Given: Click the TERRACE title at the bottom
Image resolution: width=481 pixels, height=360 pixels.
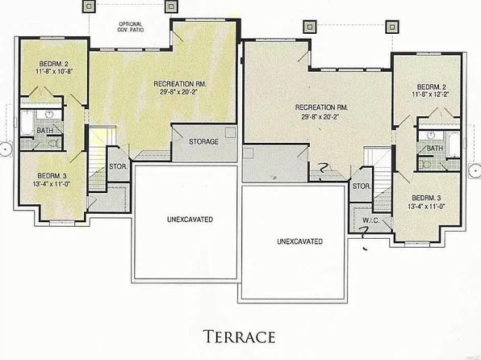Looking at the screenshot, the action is pyautogui.click(x=239, y=337).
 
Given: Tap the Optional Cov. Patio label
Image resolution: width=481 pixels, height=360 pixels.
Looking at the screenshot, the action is pyautogui.click(x=131, y=27).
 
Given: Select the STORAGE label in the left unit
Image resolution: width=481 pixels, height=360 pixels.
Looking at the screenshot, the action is pyautogui.click(x=203, y=141).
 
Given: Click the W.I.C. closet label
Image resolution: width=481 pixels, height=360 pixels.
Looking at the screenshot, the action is pyautogui.click(x=371, y=220).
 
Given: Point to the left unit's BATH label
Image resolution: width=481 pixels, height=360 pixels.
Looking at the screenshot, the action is pyautogui.click(x=44, y=131).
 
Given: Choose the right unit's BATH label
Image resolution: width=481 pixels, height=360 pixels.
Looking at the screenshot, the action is pyautogui.click(x=435, y=149).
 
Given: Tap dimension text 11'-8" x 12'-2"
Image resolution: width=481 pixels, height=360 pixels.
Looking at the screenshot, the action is pyautogui.click(x=430, y=94).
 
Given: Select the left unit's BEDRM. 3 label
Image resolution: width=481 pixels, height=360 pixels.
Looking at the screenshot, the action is pyautogui.click(x=52, y=176).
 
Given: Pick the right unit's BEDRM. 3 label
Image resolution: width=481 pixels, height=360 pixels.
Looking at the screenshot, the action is pyautogui.click(x=426, y=198).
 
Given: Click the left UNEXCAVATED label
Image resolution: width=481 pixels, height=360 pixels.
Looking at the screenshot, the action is pyautogui.click(x=190, y=220).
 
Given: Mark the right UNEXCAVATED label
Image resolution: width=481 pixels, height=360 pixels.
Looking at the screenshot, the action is pyautogui.click(x=299, y=241).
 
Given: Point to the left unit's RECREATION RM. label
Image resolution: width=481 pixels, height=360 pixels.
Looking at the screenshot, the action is pyautogui.click(x=180, y=84).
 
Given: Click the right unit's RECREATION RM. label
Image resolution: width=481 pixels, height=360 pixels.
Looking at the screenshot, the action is pyautogui.click(x=321, y=107).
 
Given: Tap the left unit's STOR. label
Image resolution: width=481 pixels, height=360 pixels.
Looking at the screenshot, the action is pyautogui.click(x=118, y=166).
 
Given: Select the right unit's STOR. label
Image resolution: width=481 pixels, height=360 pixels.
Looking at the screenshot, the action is pyautogui.click(x=362, y=186).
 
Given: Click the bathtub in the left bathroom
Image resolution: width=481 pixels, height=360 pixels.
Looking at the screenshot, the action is pyautogui.click(x=27, y=123).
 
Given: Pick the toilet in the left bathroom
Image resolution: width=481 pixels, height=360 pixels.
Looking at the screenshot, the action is pyautogui.click(x=55, y=144).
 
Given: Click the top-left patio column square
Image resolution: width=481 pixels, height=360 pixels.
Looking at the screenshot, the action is pyautogui.click(x=89, y=6).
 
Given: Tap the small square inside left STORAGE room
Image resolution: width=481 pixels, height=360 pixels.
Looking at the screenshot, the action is pyautogui.click(x=230, y=132).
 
